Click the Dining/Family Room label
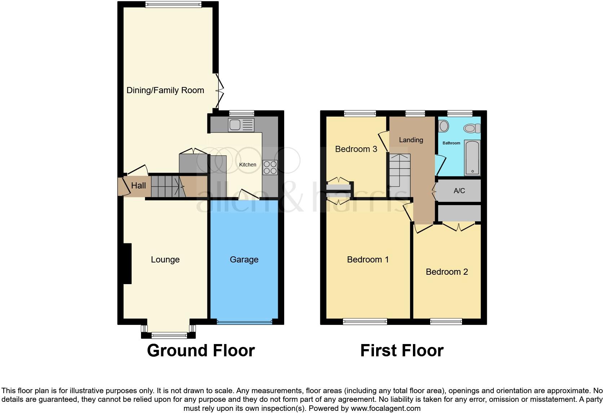point(165,90)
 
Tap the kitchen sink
point(241,125)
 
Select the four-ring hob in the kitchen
point(270,167)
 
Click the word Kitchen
point(248,165)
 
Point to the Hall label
point(138,186)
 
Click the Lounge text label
point(165,260)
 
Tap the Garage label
point(244,260)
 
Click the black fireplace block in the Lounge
point(127,264)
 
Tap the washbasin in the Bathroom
point(444,126)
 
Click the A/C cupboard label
point(459,191)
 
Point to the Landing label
point(411,140)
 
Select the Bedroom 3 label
point(356,149)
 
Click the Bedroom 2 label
point(447,272)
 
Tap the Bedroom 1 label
point(368,260)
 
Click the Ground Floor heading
point(201,351)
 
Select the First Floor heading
point(402,351)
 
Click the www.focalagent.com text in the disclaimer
point(386,409)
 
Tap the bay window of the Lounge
point(168,335)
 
